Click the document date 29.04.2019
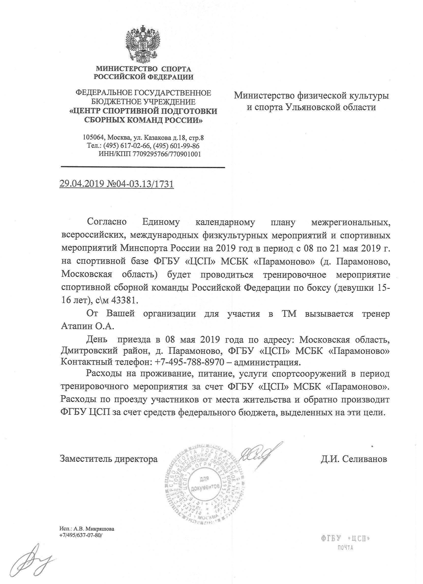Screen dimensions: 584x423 click(81, 184)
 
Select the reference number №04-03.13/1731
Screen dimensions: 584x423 click(140, 184)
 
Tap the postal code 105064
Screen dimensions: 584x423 click(94, 138)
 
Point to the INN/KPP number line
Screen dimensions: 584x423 click(149, 154)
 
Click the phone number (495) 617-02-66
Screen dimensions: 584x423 click(126, 146)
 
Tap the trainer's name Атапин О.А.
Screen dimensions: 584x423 click(87, 326)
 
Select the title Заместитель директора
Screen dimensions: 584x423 click(109, 459)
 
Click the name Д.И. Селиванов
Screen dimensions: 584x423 click(354, 459)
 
